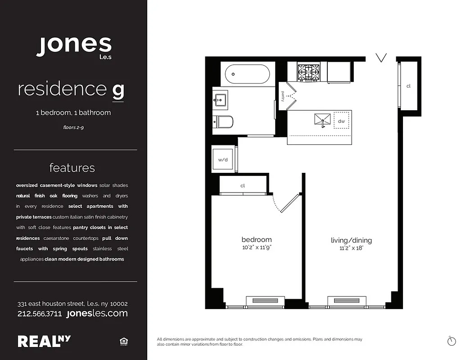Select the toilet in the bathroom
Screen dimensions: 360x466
coord(224,121)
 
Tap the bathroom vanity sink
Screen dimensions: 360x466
coord(221,100)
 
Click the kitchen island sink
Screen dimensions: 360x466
coord(322,120)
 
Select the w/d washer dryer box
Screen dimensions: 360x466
coord(223,159)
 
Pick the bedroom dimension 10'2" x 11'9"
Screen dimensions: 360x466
coord(256,247)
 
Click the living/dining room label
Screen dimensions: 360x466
coord(351,240)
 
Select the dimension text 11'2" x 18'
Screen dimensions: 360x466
coord(351,248)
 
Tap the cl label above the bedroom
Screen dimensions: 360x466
coord(242,185)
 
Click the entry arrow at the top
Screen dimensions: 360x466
coord(381,58)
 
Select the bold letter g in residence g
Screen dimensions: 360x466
coord(118,90)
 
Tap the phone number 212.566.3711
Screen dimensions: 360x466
coord(40,314)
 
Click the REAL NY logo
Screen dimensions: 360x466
coord(44,341)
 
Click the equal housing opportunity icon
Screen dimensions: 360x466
coord(123,342)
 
